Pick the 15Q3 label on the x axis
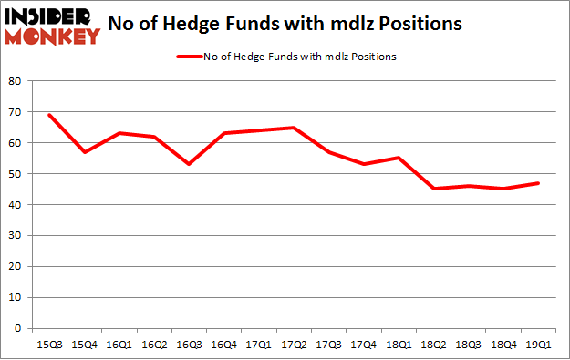[49, 344]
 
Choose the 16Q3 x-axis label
[189, 344]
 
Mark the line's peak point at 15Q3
[49, 115]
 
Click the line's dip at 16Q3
[189, 164]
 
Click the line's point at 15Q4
[84, 152]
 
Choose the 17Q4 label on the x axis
[363, 344]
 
